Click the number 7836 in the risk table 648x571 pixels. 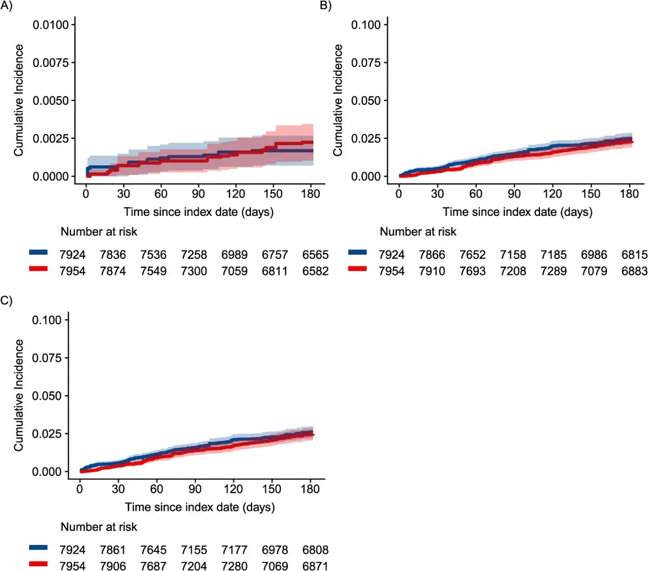(x=113, y=255)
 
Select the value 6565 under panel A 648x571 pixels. (x=315, y=255)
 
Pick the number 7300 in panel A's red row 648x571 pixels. (x=194, y=271)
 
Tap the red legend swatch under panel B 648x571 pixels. (x=357, y=269)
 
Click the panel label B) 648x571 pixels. (x=326, y=6)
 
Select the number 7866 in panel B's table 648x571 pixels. (x=432, y=255)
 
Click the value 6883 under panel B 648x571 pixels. (x=634, y=271)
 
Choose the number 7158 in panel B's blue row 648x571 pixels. (x=513, y=255)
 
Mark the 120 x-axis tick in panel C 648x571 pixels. (x=233, y=489)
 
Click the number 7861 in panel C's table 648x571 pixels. (x=113, y=550)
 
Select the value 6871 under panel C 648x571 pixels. (x=315, y=566)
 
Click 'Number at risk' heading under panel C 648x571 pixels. (x=99, y=527)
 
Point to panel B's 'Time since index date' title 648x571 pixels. (x=517, y=212)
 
